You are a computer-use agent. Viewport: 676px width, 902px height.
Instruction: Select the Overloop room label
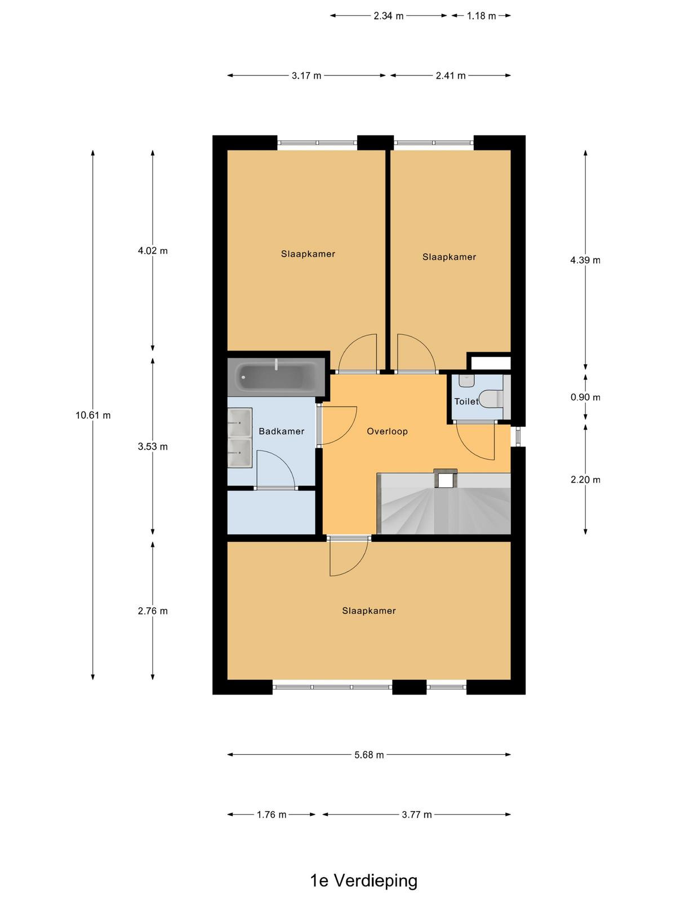pyautogui.click(x=387, y=431)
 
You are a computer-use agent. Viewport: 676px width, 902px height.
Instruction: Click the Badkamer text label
pyautogui.click(x=281, y=431)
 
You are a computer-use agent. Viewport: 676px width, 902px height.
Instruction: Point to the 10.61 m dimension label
pyautogui.click(x=93, y=415)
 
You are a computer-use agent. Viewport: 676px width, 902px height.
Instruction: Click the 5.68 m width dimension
pyautogui.click(x=369, y=755)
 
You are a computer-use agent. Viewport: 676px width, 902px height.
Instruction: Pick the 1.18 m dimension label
pyautogui.click(x=482, y=16)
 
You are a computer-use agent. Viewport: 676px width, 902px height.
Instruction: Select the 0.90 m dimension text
pyautogui.click(x=585, y=397)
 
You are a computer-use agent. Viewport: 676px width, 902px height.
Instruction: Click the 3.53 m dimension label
pyautogui.click(x=153, y=446)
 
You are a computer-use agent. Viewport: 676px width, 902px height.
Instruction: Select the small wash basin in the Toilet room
pyautogui.click(x=466, y=381)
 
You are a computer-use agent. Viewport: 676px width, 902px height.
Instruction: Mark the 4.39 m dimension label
pyautogui.click(x=585, y=260)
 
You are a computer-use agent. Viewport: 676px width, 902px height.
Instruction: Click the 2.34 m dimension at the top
pyautogui.click(x=388, y=16)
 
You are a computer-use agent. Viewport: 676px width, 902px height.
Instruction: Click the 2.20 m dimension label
pyautogui.click(x=585, y=480)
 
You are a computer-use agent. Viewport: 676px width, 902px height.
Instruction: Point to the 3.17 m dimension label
pyautogui.click(x=306, y=76)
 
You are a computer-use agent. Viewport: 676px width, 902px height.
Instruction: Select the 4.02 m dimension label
pyautogui.click(x=153, y=251)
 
